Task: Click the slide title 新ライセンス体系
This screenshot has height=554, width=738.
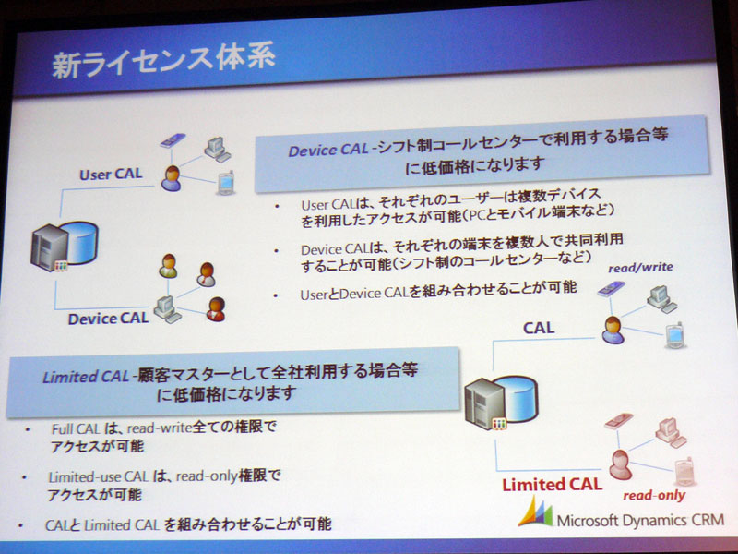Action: (163, 62)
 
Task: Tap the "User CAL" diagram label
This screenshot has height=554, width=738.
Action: (111, 175)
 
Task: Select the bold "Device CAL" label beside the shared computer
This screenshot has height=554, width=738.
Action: (108, 319)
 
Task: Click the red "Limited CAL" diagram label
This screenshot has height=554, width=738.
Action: (552, 485)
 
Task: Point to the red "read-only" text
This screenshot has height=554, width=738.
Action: (654, 495)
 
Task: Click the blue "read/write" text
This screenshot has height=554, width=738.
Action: (640, 268)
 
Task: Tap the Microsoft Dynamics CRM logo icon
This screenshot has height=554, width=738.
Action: (536, 512)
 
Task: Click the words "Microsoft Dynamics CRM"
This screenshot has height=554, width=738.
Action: (640, 520)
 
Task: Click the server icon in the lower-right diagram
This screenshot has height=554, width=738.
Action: (501, 403)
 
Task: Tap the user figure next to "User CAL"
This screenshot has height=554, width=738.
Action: (171, 178)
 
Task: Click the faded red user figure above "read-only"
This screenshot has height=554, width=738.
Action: (620, 464)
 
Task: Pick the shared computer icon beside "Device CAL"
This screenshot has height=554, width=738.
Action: (167, 309)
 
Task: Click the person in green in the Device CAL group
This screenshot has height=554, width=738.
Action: (168, 266)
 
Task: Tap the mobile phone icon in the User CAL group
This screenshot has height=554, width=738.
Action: (226, 183)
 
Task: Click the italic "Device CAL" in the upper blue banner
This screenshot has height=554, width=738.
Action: (328, 151)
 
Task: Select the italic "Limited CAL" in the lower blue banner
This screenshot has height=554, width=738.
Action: (86, 377)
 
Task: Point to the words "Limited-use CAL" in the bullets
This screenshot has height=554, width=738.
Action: (99, 476)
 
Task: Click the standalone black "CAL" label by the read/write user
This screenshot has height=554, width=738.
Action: (539, 328)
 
